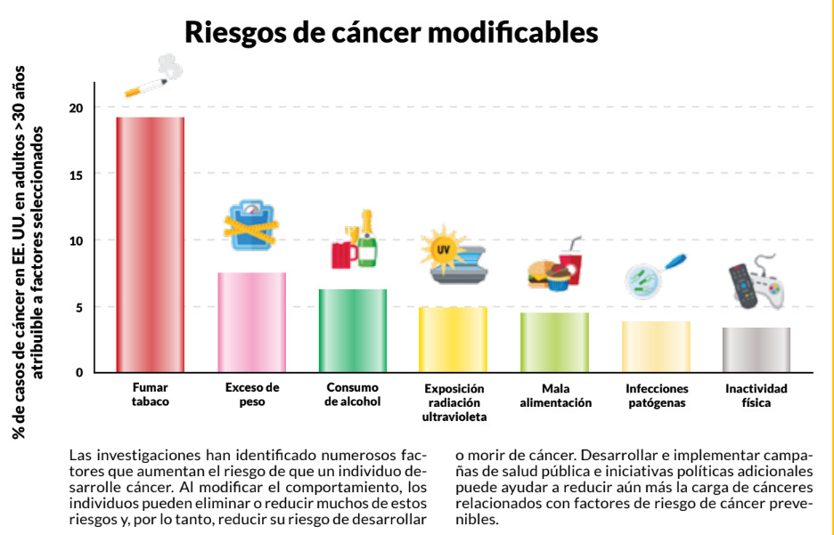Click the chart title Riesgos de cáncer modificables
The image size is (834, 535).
(390, 33)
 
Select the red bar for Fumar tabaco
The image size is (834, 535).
(150, 245)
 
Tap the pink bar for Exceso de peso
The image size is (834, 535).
(251, 322)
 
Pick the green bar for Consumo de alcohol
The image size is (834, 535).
(353, 330)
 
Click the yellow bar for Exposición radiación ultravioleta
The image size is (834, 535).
(454, 339)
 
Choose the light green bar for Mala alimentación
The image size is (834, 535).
(554, 342)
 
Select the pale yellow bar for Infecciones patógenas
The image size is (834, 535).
(656, 346)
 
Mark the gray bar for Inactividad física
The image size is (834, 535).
(756, 350)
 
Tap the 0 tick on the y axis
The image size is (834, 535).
(78, 373)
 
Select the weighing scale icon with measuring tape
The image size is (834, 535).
(249, 226)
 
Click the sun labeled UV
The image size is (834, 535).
(441, 248)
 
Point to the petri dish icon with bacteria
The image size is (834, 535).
(645, 280)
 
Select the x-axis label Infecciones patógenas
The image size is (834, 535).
(657, 395)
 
